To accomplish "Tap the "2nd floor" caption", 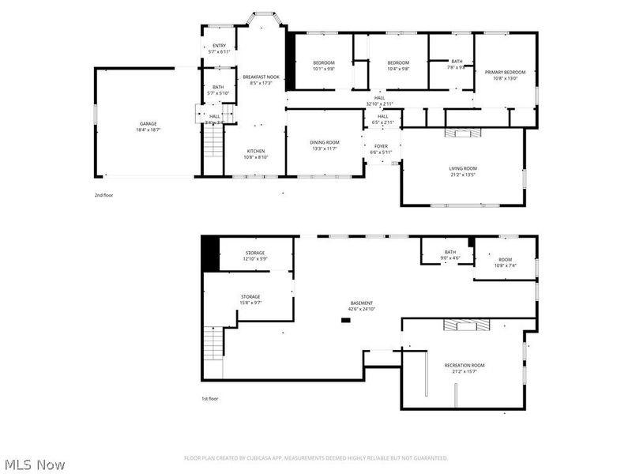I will (x=103, y=194).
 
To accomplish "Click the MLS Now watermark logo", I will (x=35, y=465).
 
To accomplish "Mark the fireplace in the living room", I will (x=462, y=134).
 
